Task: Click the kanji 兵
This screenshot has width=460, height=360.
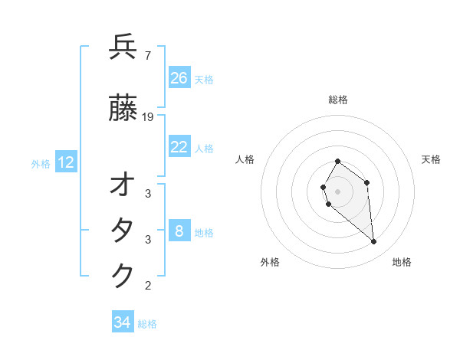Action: click(123, 47)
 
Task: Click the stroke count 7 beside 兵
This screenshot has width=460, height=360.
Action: click(148, 55)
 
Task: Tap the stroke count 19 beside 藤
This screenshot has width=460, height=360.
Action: click(149, 117)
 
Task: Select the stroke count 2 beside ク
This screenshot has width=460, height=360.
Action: click(148, 286)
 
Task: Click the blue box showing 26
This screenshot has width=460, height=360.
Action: click(179, 78)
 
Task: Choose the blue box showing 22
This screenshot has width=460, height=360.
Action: click(179, 147)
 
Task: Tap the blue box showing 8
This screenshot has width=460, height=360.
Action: click(179, 231)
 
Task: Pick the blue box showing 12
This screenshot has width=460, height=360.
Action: click(66, 162)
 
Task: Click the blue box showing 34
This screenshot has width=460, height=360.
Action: click(123, 322)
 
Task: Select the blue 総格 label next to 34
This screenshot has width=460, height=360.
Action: click(147, 324)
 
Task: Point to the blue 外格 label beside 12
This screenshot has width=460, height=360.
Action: click(41, 163)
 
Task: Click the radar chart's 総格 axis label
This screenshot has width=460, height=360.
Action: click(338, 100)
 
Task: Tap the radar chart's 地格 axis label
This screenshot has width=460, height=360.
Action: click(402, 263)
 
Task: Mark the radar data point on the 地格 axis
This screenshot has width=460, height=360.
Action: click(374, 242)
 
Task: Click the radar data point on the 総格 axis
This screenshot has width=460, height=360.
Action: click(337, 162)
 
